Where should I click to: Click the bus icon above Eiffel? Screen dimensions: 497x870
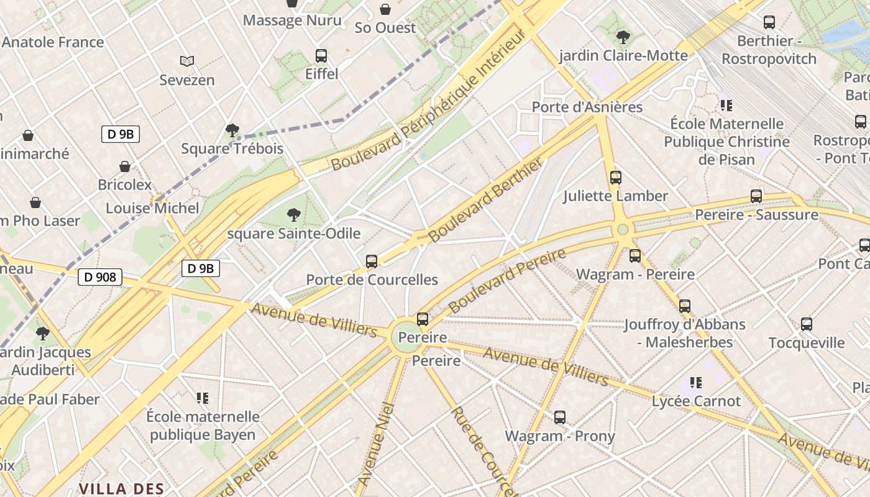pos(321,56)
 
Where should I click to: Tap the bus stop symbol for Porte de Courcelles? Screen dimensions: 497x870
pos(372,262)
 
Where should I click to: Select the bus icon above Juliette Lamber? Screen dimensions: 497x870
pos(616,178)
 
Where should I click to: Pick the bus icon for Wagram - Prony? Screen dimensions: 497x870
pos(560,417)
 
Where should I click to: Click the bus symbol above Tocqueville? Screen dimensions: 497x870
pos(807,324)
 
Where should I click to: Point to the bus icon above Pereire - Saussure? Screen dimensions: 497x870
pos(756,196)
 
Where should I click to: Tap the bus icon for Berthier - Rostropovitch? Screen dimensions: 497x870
pos(769,22)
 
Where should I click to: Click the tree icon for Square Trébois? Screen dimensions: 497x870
pos(232,130)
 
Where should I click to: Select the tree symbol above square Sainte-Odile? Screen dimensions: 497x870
pos(294,215)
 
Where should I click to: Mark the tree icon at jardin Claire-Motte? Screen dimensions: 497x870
pos(623,37)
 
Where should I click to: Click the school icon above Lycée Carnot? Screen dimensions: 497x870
pos(696,383)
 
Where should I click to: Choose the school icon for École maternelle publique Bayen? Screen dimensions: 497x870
pos(203,398)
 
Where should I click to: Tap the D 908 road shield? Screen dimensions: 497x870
pos(99,277)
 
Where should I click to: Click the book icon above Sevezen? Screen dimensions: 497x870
pos(187,61)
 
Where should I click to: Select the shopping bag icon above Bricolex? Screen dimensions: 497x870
pos(125,166)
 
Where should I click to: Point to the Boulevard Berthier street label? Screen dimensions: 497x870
pos(485,200)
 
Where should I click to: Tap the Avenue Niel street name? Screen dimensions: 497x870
pos(377,444)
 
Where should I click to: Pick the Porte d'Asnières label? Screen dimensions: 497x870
pos(587,107)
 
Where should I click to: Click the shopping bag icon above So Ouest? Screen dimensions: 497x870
pos(385,9)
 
